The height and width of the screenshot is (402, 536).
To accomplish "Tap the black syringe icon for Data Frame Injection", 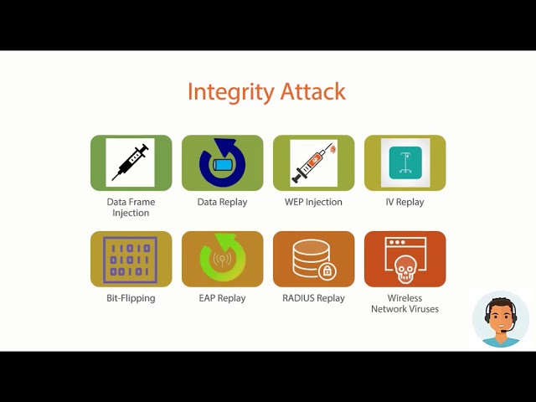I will tap(131, 162).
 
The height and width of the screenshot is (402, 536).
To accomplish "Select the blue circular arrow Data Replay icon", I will tap(222, 162).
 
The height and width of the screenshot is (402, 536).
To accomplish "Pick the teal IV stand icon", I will tap(405, 162).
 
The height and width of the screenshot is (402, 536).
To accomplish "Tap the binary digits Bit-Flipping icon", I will tap(130, 259).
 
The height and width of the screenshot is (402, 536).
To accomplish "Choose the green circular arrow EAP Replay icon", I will tap(222, 260).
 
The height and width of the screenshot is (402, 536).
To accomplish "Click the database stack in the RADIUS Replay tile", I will tap(311, 257).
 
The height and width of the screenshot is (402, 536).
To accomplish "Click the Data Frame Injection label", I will tap(131, 208).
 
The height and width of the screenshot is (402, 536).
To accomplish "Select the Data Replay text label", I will tap(222, 202).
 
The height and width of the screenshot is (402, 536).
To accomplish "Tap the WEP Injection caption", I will tap(313, 202).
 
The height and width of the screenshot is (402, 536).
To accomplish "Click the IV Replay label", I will tap(405, 202).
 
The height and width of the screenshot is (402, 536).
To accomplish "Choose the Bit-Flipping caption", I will tap(131, 298).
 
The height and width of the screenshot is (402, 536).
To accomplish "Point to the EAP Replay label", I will tap(222, 298).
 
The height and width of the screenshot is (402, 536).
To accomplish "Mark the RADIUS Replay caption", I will tap(313, 298).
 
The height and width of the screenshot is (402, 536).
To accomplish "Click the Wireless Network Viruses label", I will tap(405, 303).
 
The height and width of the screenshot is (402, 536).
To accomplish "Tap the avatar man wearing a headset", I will tap(501, 320).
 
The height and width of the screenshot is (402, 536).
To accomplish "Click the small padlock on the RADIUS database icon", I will tap(327, 271).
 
